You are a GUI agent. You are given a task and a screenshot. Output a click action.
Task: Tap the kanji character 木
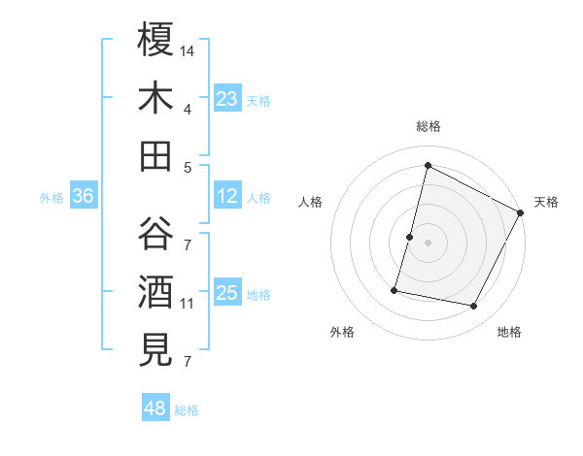pyautogui.click(x=156, y=97)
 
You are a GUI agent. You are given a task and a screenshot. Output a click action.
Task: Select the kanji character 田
pyautogui.click(x=156, y=155)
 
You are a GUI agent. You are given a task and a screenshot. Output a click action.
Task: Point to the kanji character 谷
pyautogui.click(x=156, y=233)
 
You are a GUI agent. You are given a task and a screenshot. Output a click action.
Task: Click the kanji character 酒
pyautogui.click(x=156, y=291)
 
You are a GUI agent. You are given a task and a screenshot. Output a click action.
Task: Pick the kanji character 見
pyautogui.click(x=156, y=349)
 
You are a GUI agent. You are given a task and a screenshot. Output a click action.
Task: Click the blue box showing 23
pyautogui.click(x=227, y=98)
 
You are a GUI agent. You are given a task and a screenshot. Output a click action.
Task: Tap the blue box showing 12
pyautogui.click(x=227, y=196)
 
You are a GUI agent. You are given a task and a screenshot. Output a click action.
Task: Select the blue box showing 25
pyautogui.click(x=227, y=293)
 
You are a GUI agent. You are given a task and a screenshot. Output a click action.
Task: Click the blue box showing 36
pyautogui.click(x=84, y=196)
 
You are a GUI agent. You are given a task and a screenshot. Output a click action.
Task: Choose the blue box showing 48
pyautogui.click(x=155, y=408)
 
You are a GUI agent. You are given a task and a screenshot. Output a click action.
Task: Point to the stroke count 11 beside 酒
pyautogui.click(x=189, y=303)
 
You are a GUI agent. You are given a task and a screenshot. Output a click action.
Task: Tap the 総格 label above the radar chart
pyautogui.click(x=429, y=126)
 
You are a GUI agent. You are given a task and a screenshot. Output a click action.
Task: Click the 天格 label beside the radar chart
pyautogui.click(x=546, y=202)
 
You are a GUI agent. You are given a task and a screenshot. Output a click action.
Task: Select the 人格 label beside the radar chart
pyautogui.click(x=310, y=202)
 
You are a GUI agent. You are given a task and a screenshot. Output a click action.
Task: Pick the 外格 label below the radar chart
pyautogui.click(x=342, y=333)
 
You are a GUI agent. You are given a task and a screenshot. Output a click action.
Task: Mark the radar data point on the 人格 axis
pyautogui.click(x=410, y=237)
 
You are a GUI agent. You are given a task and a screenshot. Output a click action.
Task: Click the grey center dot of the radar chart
pyautogui.click(x=429, y=243)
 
